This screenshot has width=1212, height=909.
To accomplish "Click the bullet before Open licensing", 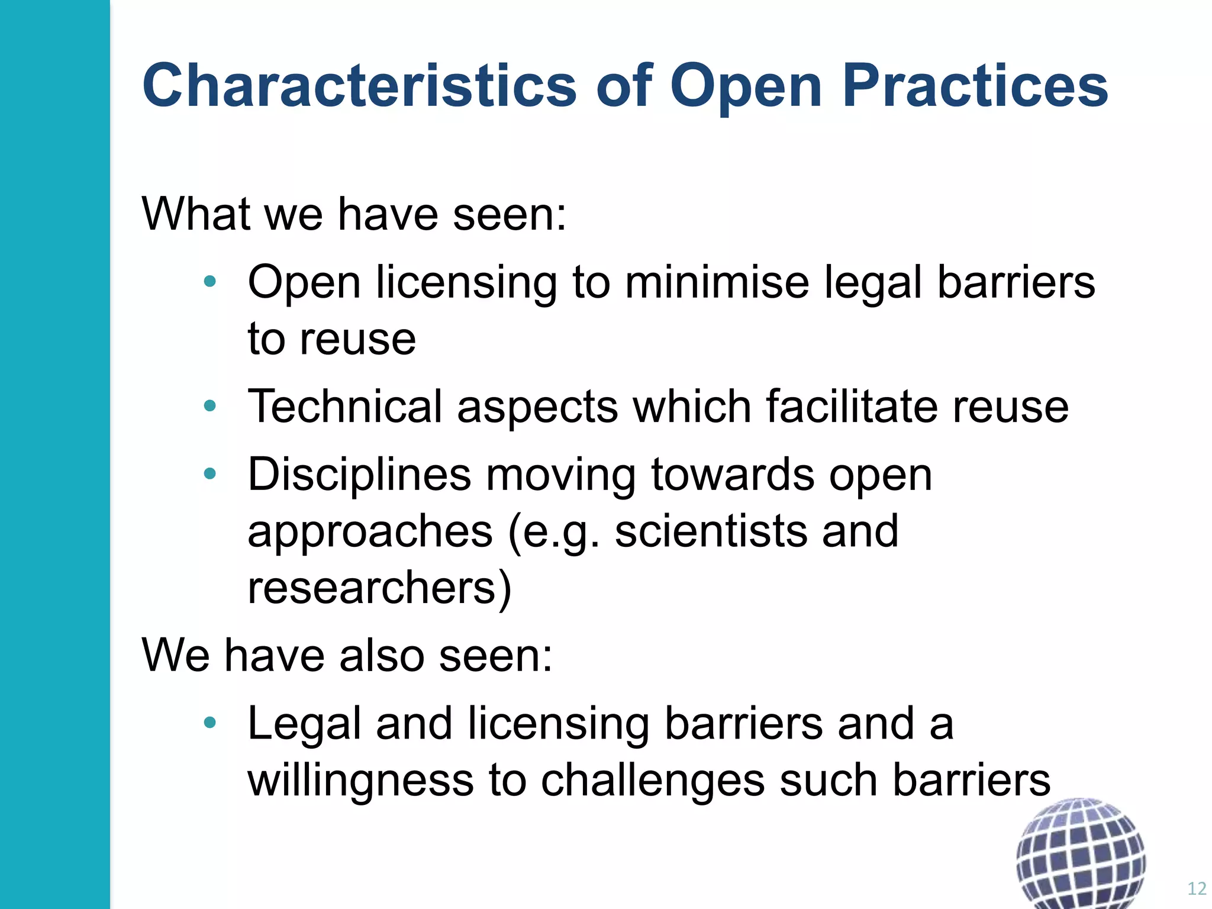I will (x=209, y=282).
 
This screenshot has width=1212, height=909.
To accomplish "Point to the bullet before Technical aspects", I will (x=209, y=406).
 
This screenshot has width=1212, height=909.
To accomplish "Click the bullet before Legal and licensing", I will (x=209, y=723).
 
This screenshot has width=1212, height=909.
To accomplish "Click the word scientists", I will (x=711, y=531).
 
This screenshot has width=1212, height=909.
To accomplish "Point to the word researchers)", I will (x=379, y=588).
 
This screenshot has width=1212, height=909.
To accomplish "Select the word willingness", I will (x=361, y=780).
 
